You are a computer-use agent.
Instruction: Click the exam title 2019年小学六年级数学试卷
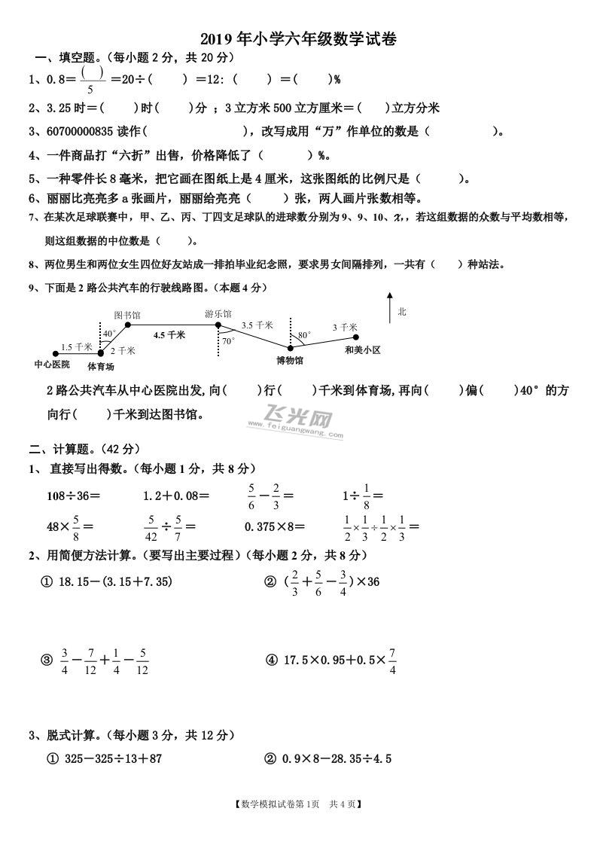pyautogui.click(x=298, y=39)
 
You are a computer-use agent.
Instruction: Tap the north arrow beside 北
pyautogui.click(x=389, y=307)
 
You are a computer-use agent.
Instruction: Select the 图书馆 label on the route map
pyautogui.click(x=127, y=313)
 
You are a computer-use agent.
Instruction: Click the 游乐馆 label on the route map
pyautogui.click(x=218, y=313)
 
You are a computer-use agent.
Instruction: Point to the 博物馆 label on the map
pyautogui.click(x=290, y=361)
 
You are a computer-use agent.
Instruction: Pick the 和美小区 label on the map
pyautogui.click(x=363, y=350)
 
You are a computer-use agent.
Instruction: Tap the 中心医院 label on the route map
pyautogui.click(x=52, y=365)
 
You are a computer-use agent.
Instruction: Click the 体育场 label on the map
pyautogui.click(x=100, y=367)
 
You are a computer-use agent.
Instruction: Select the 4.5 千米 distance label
pyautogui.click(x=169, y=335)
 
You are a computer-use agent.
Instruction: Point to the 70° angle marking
pyautogui.click(x=227, y=341)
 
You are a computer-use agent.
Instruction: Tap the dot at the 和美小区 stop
pyautogui.click(x=356, y=337)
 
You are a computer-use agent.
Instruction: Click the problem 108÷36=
pyautogui.click(x=74, y=496)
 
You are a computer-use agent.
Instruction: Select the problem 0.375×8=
pyautogui.click(x=275, y=526)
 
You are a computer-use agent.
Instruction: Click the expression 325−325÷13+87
pyautogui.click(x=109, y=758)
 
